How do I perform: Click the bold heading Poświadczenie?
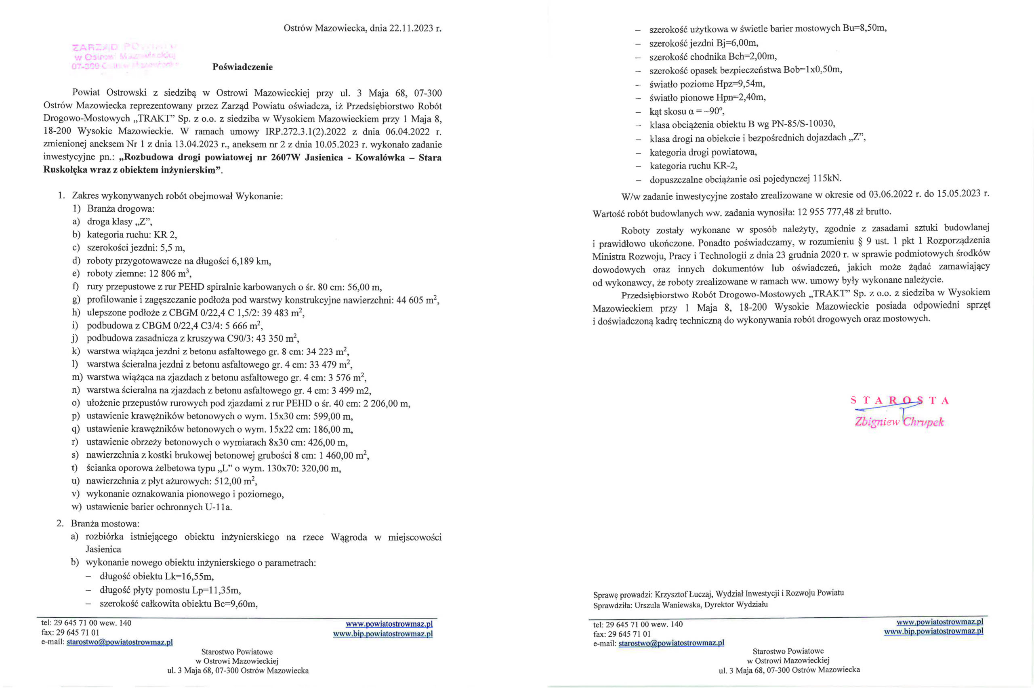[x=242, y=67]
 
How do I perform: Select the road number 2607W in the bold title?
[x=286, y=158]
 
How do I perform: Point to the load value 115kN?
[x=827, y=179]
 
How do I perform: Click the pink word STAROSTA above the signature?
[x=899, y=401]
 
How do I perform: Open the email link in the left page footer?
[x=119, y=642]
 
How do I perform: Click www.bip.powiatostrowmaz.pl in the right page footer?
[x=933, y=631]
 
